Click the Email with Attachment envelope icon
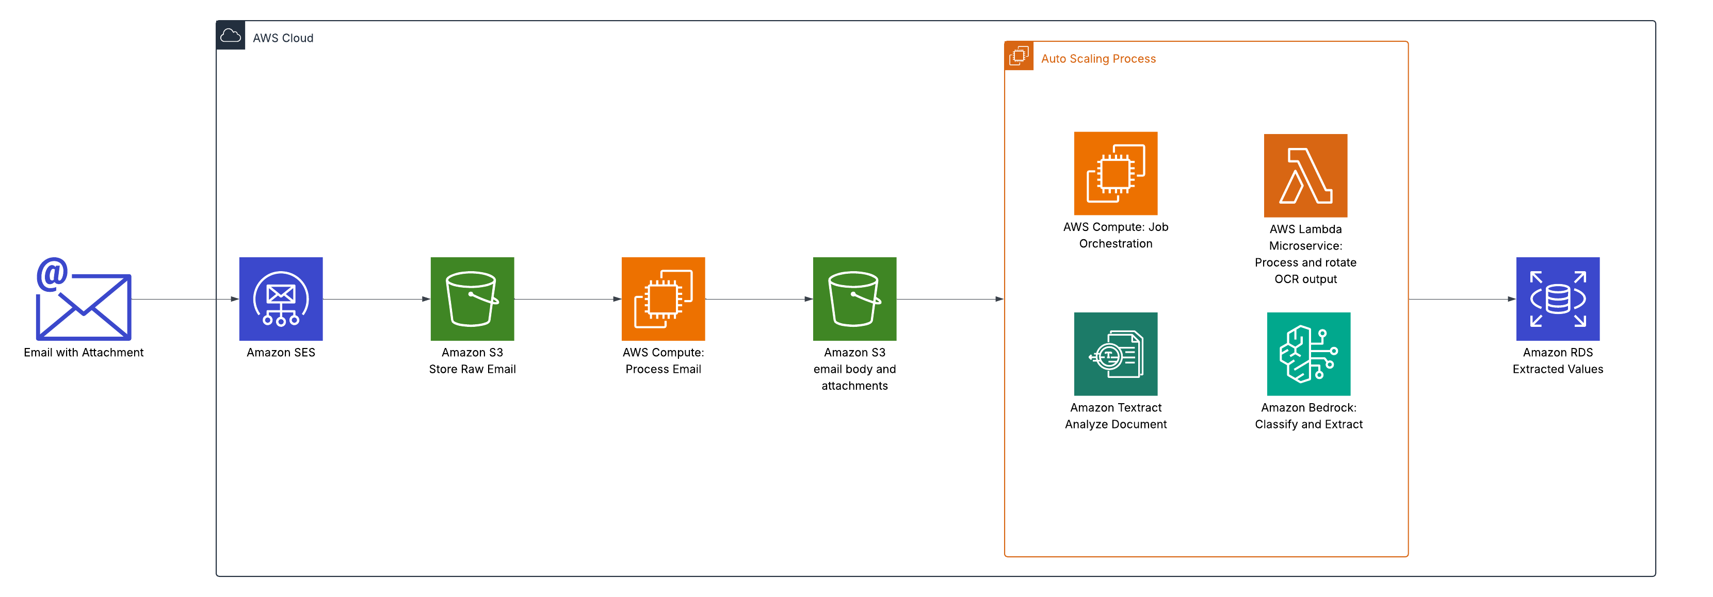click(x=84, y=300)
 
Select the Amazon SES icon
click(x=281, y=299)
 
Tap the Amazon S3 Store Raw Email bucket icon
click(x=472, y=299)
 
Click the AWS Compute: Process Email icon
click(x=663, y=299)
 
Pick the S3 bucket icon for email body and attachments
click(x=854, y=299)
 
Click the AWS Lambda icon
click(x=1305, y=175)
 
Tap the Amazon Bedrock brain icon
click(x=1308, y=354)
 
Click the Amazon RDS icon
click(x=1557, y=299)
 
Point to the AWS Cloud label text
click(x=283, y=38)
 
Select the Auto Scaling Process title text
click(x=1098, y=58)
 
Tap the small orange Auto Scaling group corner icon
click(x=1019, y=56)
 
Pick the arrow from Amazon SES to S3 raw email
click(x=376, y=299)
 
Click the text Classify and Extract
click(x=1308, y=424)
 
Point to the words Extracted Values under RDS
click(x=1557, y=369)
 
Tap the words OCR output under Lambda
click(x=1305, y=279)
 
